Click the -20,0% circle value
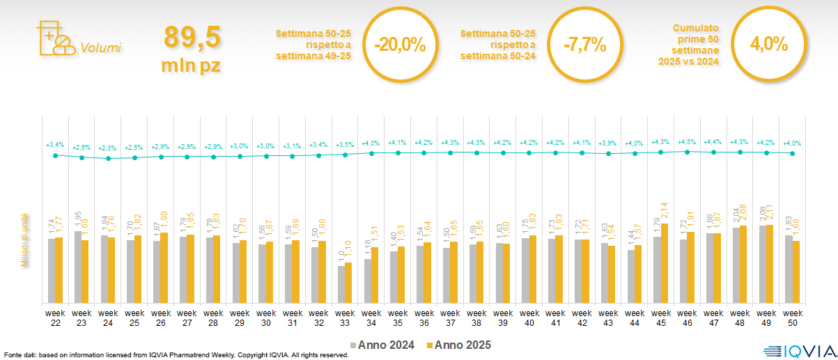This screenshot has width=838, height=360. tap(399, 45)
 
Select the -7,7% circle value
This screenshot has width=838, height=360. tap(584, 45)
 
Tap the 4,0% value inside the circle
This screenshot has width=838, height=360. tap(768, 45)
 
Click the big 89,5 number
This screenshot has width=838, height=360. tap(192, 38)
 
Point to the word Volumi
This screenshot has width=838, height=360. tap(100, 48)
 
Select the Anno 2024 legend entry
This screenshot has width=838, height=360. tap(382, 345)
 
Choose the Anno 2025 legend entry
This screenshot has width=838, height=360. tap(458, 345)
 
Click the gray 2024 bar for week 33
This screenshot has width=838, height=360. tap(341, 284)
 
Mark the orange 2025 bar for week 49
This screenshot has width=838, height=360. tap(769, 264)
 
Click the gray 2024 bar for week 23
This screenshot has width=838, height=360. tap(78, 267)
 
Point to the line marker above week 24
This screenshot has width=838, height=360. tap(108, 159)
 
